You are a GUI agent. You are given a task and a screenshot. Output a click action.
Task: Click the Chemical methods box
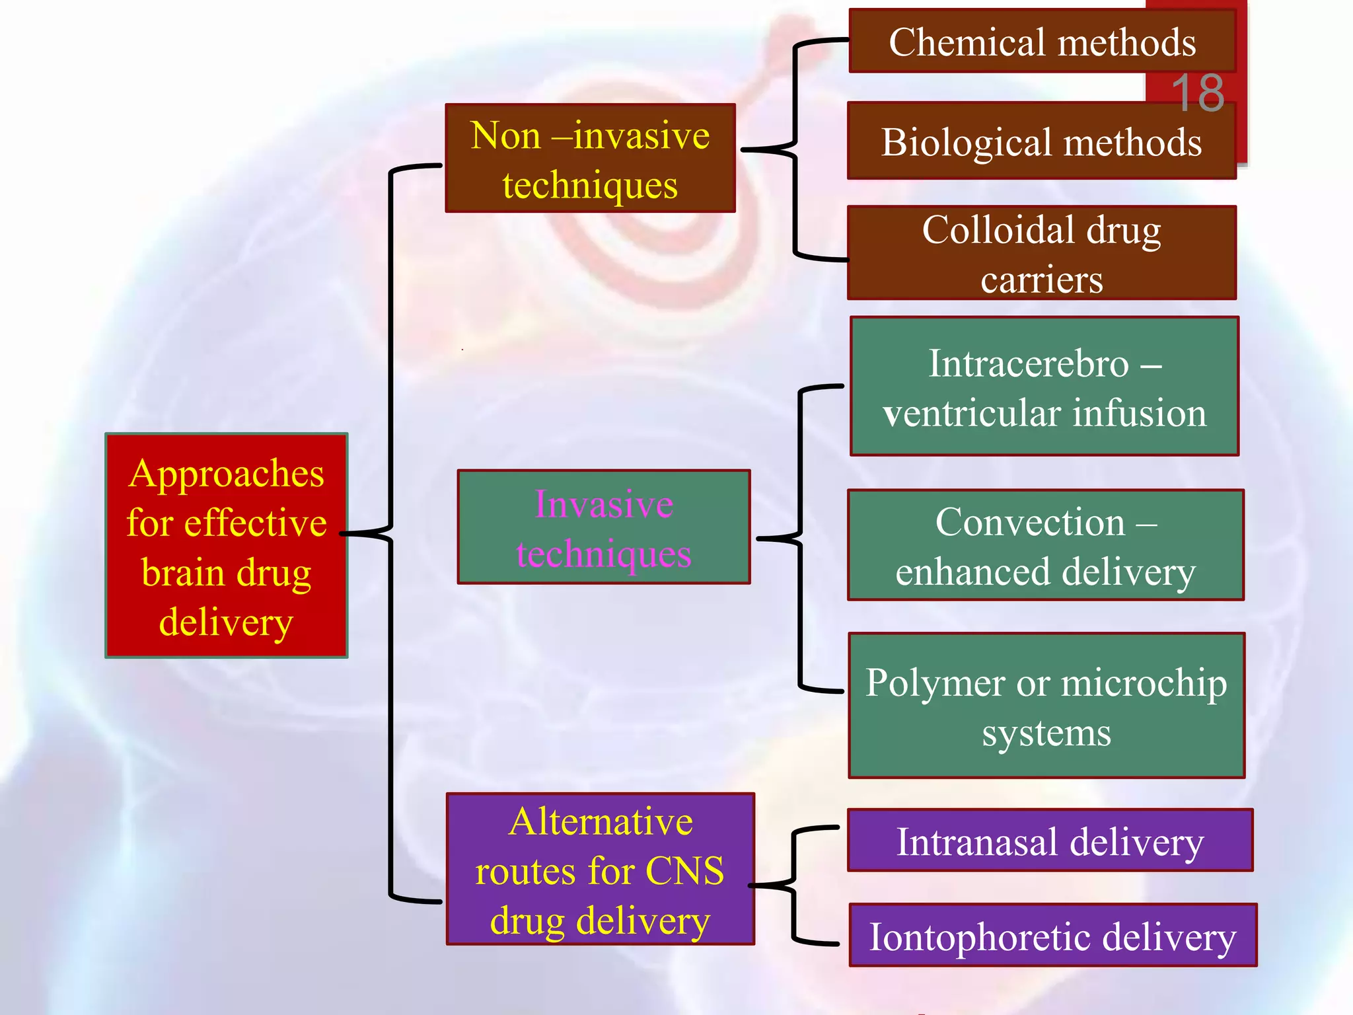coord(1042,42)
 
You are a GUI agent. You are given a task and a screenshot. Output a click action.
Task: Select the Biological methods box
coord(1042,141)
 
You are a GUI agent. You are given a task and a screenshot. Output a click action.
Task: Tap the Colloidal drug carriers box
coord(1042,253)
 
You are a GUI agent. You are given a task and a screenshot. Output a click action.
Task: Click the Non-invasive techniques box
coord(590,159)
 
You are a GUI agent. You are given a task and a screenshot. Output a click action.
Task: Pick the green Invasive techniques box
coord(604,527)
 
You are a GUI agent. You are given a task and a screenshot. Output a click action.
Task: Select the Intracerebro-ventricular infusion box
coord(1044,387)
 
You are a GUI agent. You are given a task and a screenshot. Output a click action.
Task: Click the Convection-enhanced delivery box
coord(1046,545)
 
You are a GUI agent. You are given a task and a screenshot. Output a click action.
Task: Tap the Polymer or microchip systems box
coord(1046,706)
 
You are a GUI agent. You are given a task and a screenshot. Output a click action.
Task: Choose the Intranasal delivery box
coord(1050,841)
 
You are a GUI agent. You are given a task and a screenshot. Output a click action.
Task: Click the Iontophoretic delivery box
coord(1052,936)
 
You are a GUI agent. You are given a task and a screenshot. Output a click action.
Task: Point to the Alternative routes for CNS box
coord(600,870)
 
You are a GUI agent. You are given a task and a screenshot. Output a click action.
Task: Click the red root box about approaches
coord(227,546)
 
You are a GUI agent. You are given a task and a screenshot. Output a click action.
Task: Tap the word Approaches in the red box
coord(227,473)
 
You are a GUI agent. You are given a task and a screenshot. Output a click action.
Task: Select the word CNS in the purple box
coord(684,870)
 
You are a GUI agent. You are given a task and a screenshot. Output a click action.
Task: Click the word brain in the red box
coord(184,572)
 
